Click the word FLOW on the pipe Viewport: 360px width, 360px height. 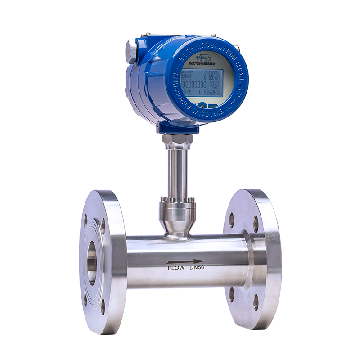pyautogui.click(x=176, y=268)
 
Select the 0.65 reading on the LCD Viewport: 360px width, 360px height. pyautogui.click(x=210, y=77)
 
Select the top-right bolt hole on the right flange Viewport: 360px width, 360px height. pyautogui.click(x=256, y=224)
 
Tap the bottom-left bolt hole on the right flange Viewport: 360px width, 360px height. pyautogui.click(x=231, y=295)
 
